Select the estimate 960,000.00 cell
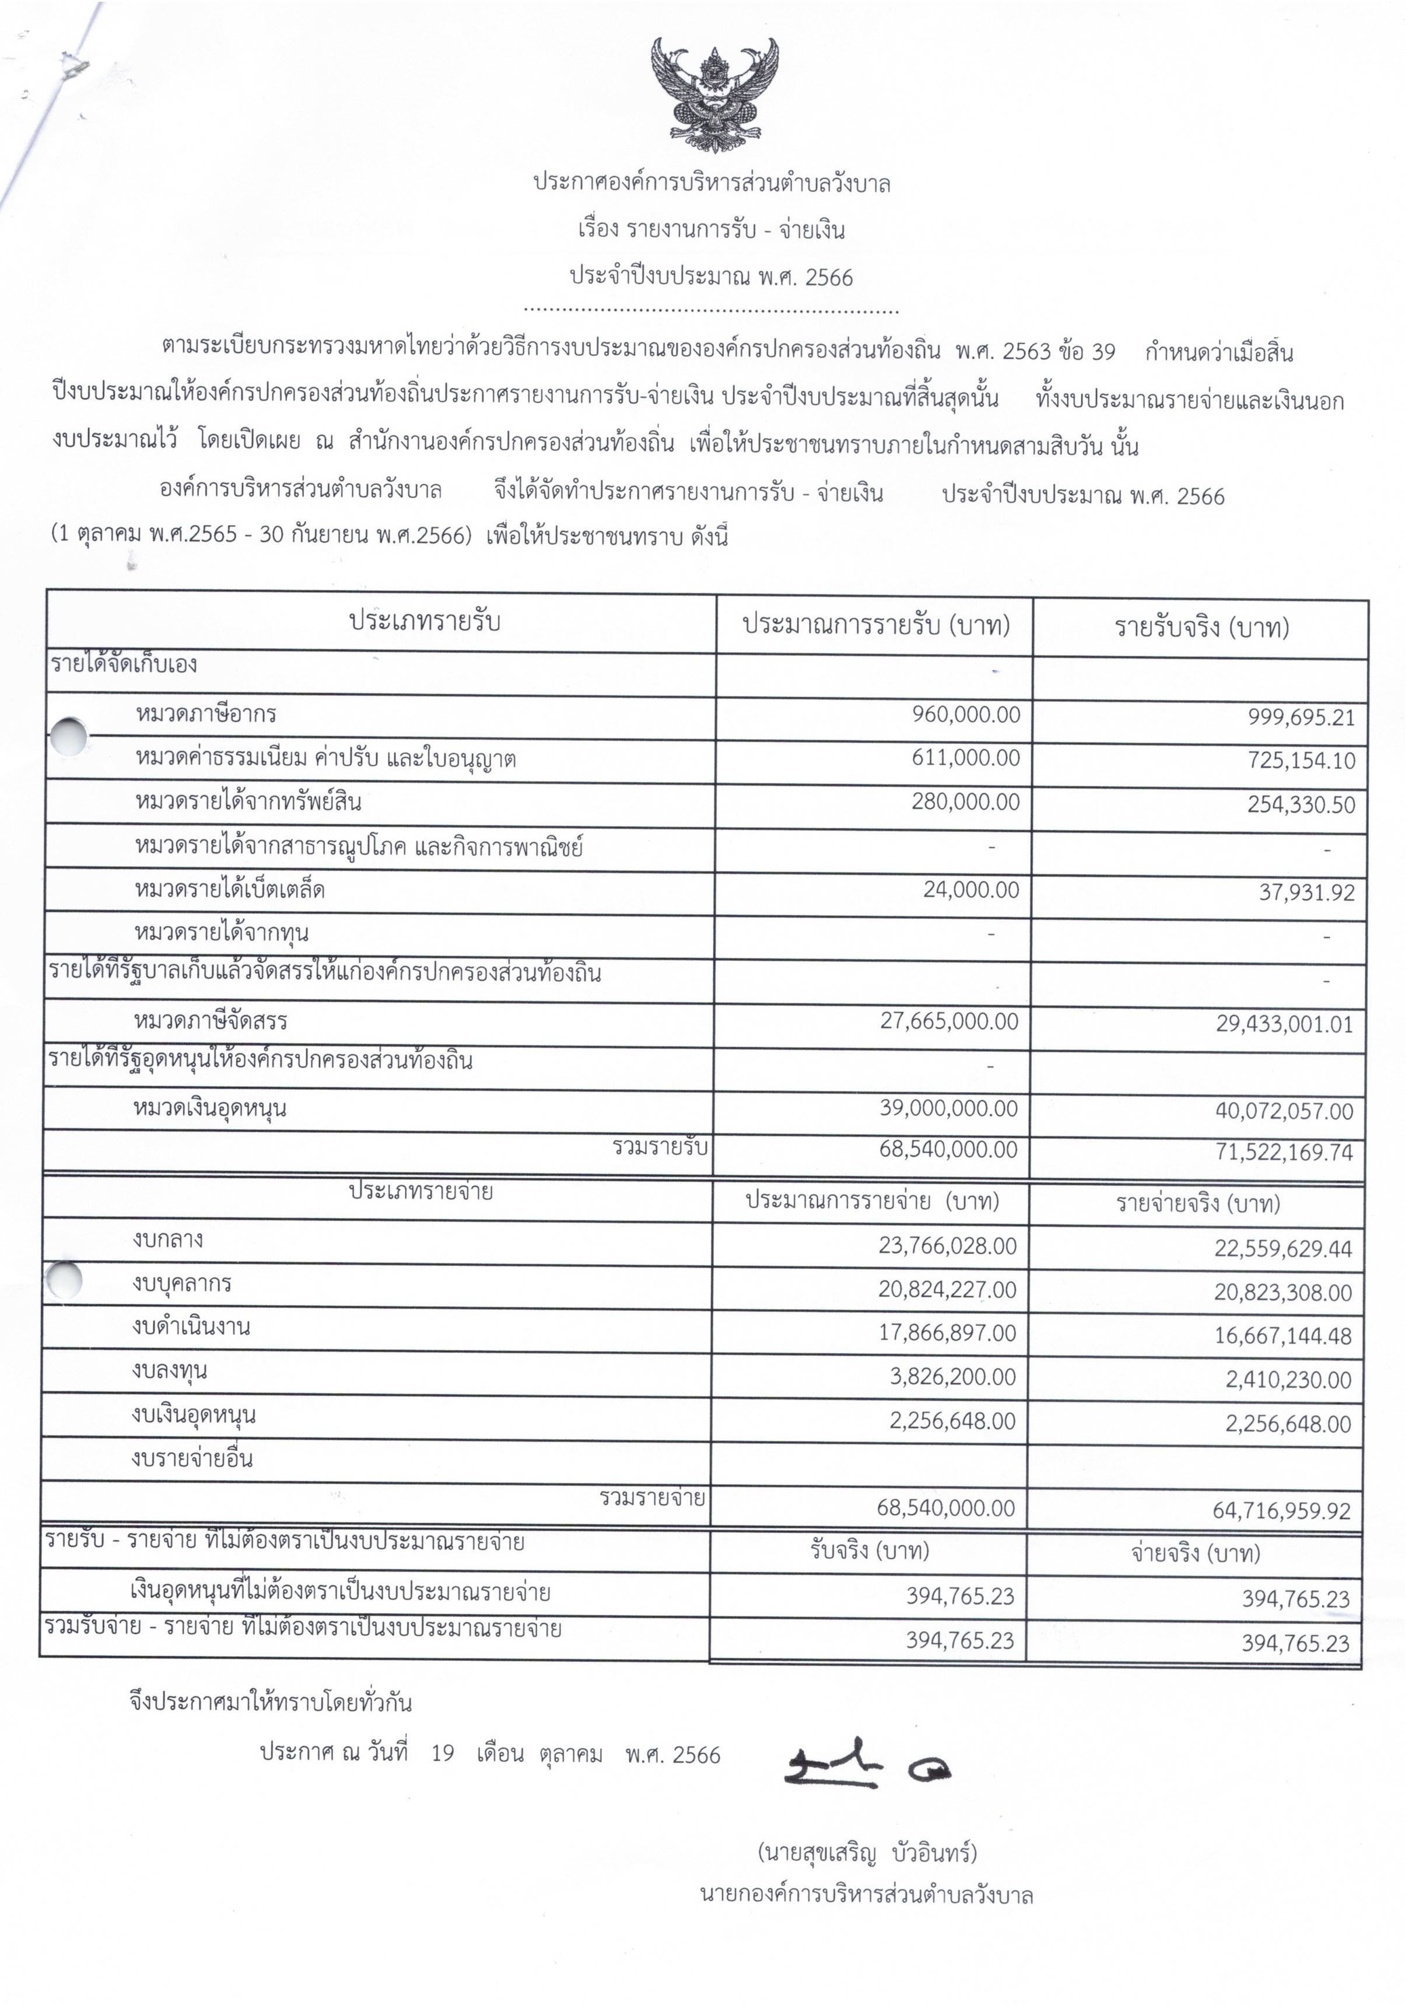(x=966, y=715)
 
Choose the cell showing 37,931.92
(x=1306, y=893)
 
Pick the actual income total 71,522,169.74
(x=1284, y=1153)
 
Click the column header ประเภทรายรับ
(x=425, y=622)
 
